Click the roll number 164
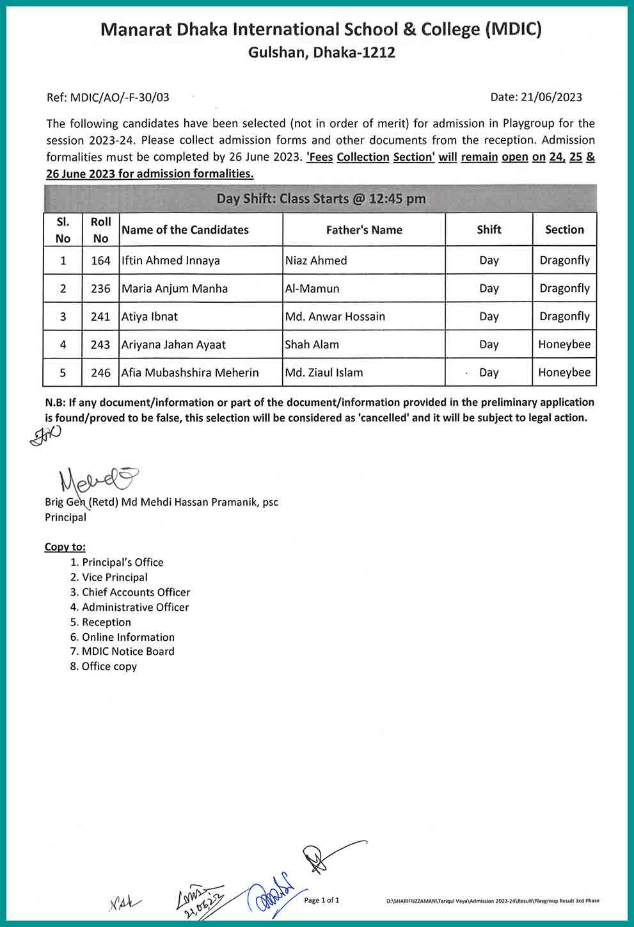coord(100,261)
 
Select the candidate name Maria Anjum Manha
coord(175,289)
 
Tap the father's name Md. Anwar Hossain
coord(335,316)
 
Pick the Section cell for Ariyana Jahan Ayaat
coord(564,344)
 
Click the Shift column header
coord(489,229)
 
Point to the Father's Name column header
coord(364,230)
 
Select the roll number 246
coord(100,373)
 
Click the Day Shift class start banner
coord(321,198)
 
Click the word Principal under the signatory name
coord(65,517)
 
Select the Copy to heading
coord(65,547)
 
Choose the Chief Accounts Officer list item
coord(136,592)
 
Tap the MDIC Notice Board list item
coord(128,651)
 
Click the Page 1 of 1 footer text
coord(322,900)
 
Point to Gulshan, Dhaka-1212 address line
coord(321,52)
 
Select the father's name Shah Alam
coord(312,344)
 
